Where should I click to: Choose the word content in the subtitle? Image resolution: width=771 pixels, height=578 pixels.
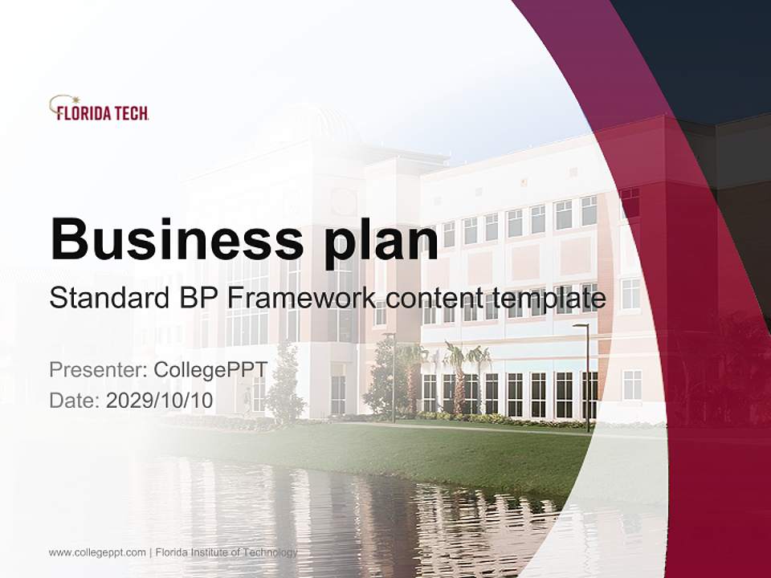[436, 299]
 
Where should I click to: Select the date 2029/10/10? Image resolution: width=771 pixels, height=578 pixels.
[160, 400]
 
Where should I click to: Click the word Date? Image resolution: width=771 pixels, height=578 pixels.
[75, 400]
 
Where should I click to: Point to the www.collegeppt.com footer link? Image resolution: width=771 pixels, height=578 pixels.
[97, 552]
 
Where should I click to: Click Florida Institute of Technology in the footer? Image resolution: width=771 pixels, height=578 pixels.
[226, 552]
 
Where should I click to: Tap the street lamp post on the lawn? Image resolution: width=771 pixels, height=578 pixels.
[586, 377]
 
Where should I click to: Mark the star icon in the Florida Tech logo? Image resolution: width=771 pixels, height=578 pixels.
[64, 102]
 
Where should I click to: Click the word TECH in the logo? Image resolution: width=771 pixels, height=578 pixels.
[129, 114]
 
